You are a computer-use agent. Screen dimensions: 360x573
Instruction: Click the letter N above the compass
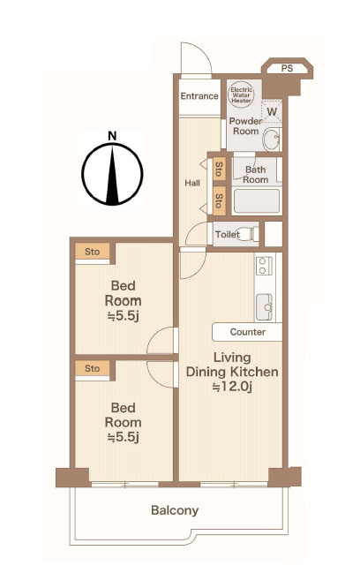112,136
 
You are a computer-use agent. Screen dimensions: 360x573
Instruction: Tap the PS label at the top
288,68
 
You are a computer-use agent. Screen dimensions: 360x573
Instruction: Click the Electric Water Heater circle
241,95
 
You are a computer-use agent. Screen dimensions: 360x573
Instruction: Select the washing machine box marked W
272,111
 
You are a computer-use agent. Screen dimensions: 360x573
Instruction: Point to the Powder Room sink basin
272,139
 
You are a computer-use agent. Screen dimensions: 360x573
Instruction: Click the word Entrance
199,96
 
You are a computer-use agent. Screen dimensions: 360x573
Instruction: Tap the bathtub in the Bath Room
257,201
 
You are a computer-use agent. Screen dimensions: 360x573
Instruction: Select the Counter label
248,332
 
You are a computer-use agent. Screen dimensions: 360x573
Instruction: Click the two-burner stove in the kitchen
264,266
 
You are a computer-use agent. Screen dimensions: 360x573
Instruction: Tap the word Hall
192,183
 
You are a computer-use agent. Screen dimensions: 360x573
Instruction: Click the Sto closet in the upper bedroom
93,252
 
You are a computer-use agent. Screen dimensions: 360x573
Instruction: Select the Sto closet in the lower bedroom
93,368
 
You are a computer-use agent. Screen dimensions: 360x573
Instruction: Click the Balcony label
175,510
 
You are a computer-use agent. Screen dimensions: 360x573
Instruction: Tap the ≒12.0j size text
232,387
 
